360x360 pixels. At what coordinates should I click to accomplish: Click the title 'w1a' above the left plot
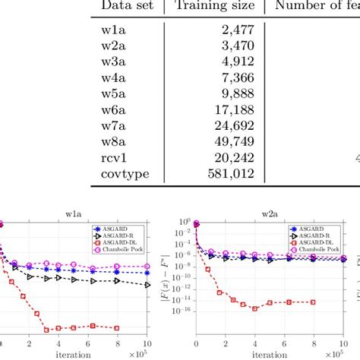74,214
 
